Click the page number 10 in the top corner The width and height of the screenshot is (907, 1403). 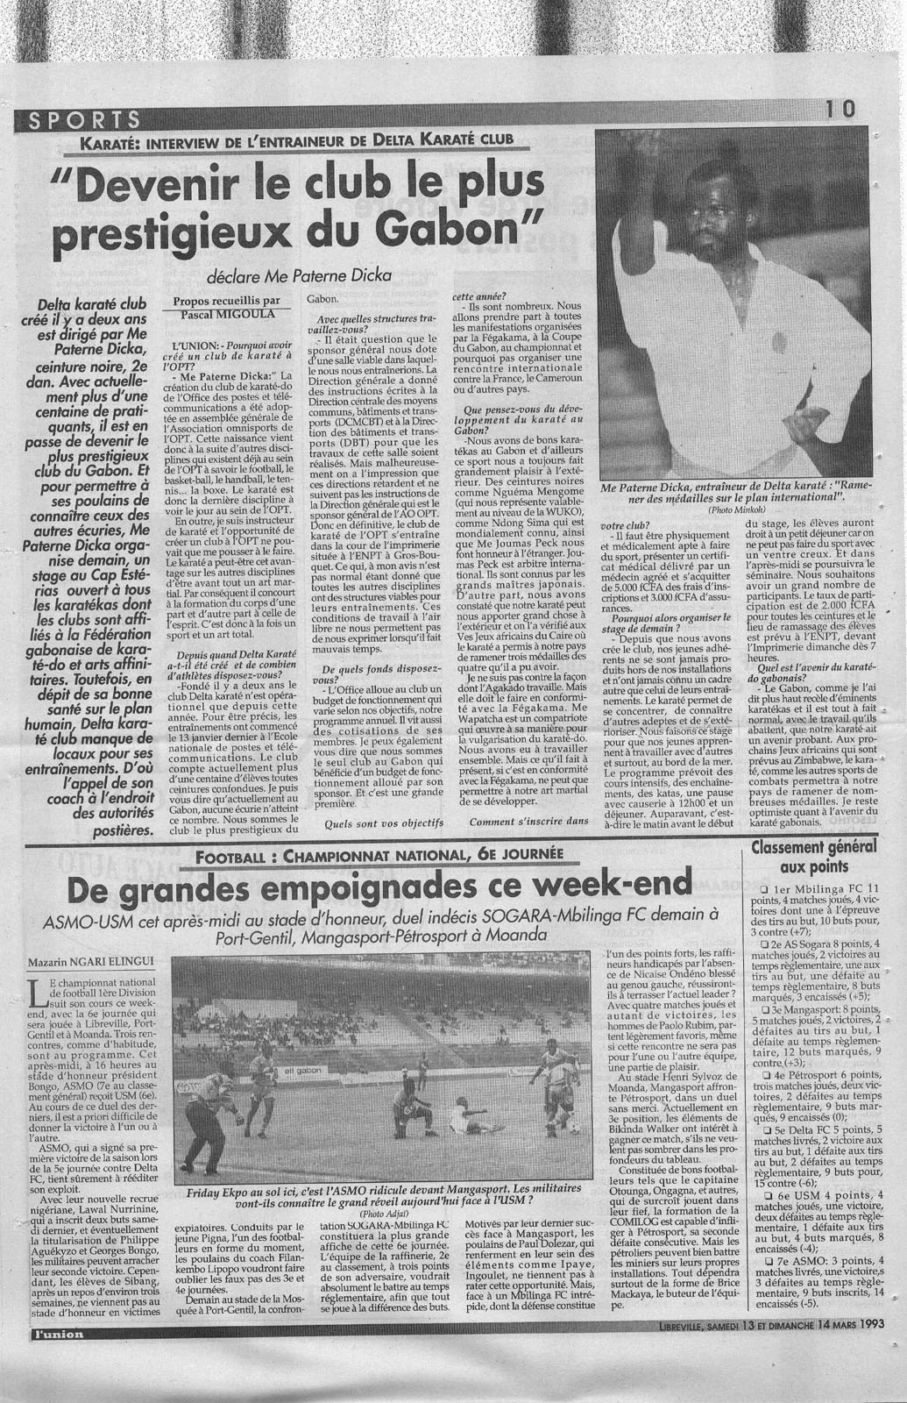pos(844,109)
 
